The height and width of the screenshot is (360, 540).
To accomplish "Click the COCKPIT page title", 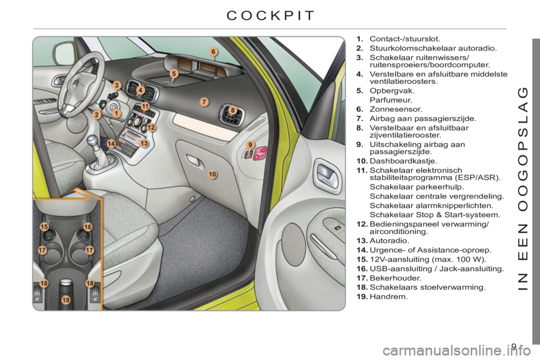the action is pos(271,16).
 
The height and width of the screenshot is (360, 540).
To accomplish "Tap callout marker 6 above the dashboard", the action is pos(214,52).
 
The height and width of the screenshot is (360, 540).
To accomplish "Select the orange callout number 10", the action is pos(213,174).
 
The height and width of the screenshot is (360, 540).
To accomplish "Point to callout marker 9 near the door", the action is pos(250,145).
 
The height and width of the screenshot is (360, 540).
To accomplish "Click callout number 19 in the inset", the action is pos(66,300).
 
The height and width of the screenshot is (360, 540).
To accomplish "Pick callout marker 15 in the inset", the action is pos(44,227).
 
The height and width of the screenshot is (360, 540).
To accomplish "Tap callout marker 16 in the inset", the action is pos(88,227).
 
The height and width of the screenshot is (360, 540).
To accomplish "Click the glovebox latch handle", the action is pos(194,161).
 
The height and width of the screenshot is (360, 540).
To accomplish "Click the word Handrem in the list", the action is pos(389,296).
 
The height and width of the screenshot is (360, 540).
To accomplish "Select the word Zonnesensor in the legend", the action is pos(395,109).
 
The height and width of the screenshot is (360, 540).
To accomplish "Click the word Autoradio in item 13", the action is pos(389,241).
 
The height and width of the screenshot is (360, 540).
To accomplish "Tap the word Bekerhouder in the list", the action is pos(395,278).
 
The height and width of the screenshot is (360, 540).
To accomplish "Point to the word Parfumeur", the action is pos(391,100).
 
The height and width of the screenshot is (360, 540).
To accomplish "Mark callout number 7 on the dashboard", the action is pos(204,102).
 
